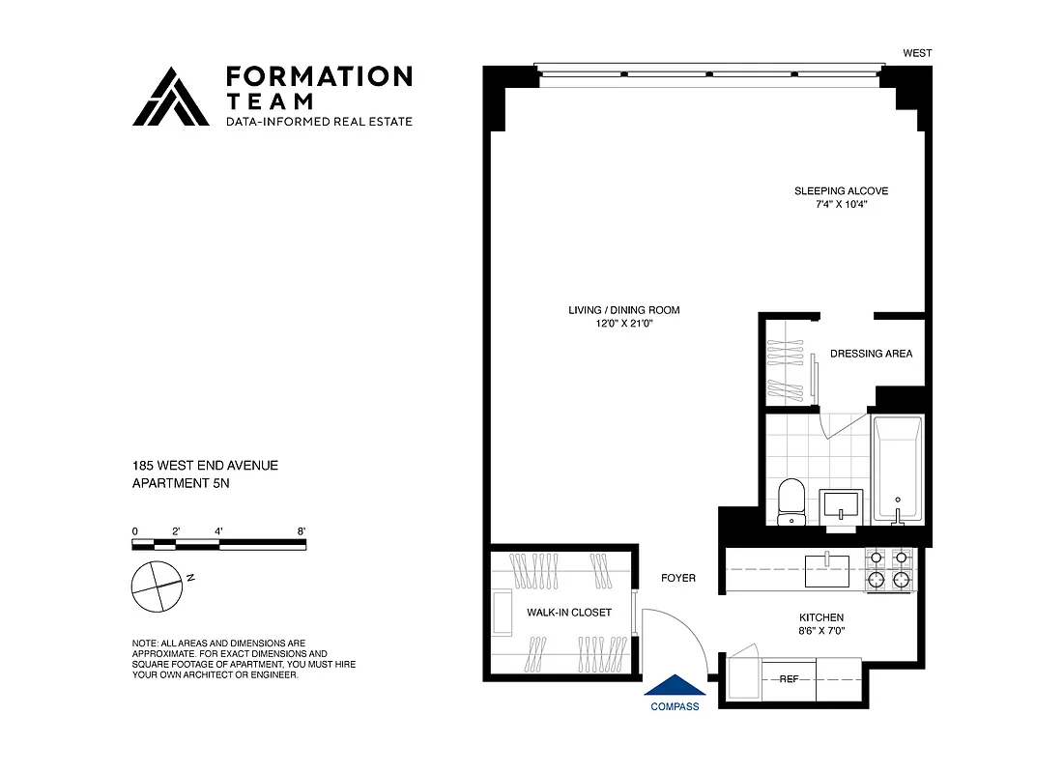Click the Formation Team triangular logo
171,97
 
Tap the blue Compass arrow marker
675,684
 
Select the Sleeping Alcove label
841,191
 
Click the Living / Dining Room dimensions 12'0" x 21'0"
623,325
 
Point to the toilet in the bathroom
791,501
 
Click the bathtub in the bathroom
898,469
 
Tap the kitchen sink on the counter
826,569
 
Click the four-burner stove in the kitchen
889,569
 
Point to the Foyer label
677,579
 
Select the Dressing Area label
871,354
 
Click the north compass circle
156,587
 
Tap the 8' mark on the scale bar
302,531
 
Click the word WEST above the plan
917,53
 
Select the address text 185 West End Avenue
205,466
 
